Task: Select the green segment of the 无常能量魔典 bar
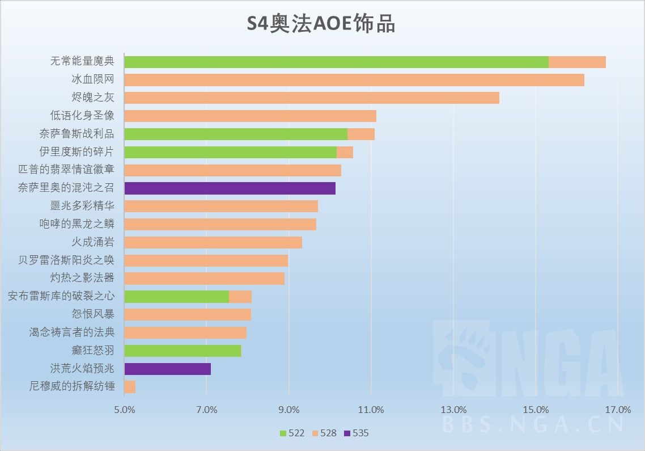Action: coord(336,62)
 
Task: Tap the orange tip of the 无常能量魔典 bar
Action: coord(577,62)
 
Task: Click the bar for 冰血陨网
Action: coord(354,80)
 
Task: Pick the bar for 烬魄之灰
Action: coord(311,98)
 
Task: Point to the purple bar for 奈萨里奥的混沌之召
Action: coord(230,188)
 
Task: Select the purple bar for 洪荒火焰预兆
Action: coord(167,369)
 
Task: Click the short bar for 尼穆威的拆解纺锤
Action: coord(130,387)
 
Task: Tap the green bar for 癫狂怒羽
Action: coord(183,351)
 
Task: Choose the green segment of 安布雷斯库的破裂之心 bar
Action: coord(176,297)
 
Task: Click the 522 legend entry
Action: coord(292,433)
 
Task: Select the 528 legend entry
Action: coord(324,433)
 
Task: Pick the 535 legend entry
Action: coord(356,433)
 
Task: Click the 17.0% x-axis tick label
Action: coord(618,410)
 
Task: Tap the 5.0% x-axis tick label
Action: coord(124,410)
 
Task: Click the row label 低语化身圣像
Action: coord(82,116)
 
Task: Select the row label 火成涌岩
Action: coord(93,242)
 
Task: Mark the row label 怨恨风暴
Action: coord(93,314)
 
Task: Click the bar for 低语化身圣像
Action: coord(250,116)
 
